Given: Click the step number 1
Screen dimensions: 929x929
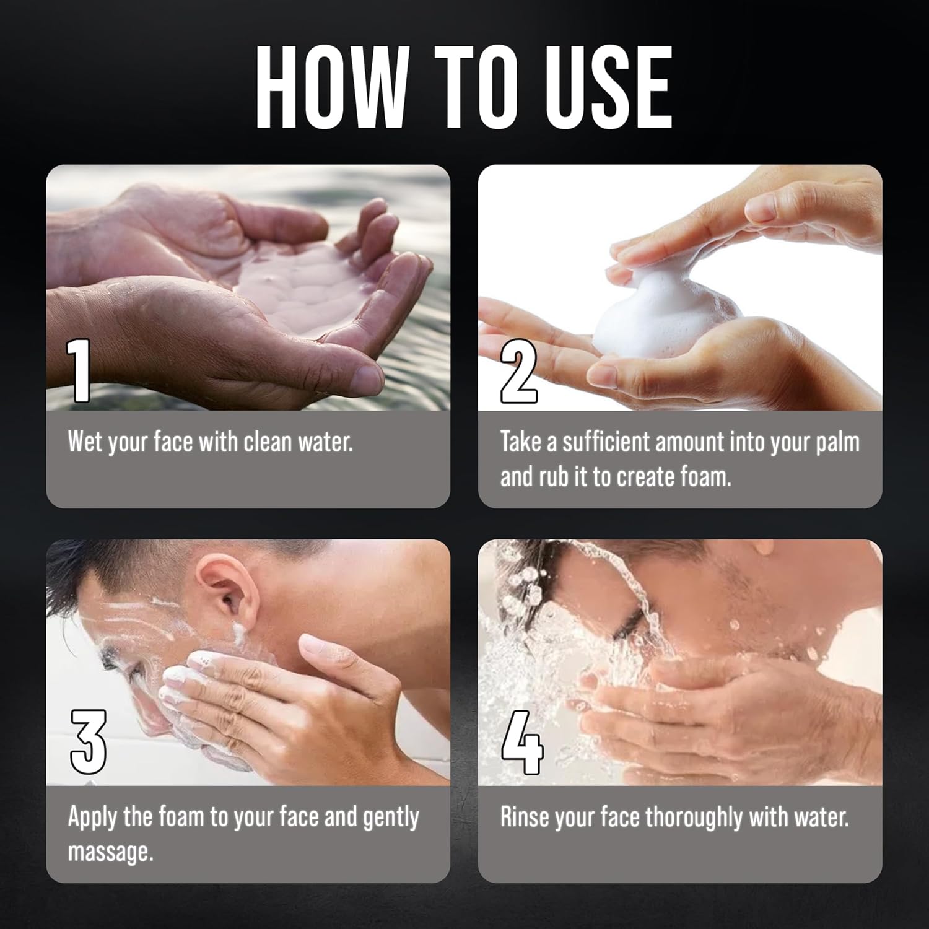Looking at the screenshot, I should [79, 370].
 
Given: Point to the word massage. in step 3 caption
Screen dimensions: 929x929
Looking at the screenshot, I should [110, 852].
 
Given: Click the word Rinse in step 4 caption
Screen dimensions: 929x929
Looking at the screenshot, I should [525, 818].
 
